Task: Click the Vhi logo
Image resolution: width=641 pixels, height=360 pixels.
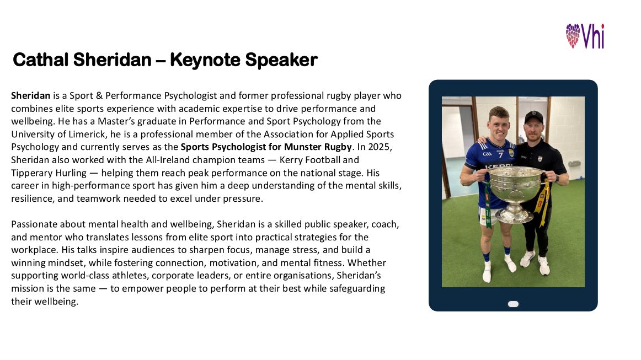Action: [x=585, y=36]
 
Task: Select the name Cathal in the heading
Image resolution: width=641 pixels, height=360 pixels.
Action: [x=40, y=60]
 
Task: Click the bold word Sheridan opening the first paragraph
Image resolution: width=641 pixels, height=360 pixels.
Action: [x=31, y=95]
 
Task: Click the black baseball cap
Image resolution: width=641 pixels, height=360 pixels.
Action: [x=533, y=117]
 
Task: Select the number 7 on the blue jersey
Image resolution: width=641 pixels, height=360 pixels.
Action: [x=500, y=155]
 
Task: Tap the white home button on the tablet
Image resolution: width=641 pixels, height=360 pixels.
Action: [x=513, y=304]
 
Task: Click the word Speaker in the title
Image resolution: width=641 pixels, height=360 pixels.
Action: [x=281, y=60]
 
